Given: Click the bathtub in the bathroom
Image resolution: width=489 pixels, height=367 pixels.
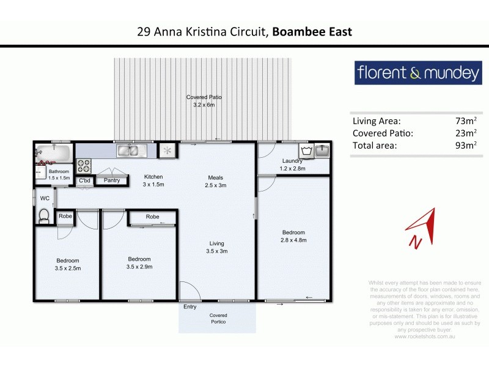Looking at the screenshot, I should click(53, 152).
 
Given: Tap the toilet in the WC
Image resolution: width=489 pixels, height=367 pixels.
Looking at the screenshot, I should click(43, 215).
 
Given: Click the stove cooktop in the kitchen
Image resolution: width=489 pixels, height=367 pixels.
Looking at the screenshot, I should click(84, 166).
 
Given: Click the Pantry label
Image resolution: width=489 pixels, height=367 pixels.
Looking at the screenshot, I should click(111, 180).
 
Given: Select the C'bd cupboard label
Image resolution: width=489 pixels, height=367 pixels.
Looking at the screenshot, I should click(84, 180).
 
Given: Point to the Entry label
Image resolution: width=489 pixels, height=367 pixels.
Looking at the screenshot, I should click(190, 307).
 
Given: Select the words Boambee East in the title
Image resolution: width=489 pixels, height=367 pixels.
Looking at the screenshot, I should click(312, 31).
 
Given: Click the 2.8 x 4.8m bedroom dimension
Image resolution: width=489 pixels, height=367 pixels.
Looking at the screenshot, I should click(293, 240).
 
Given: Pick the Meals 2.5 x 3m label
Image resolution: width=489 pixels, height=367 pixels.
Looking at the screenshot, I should click(216, 182).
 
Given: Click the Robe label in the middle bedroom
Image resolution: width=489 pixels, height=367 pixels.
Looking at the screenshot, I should click(152, 217).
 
